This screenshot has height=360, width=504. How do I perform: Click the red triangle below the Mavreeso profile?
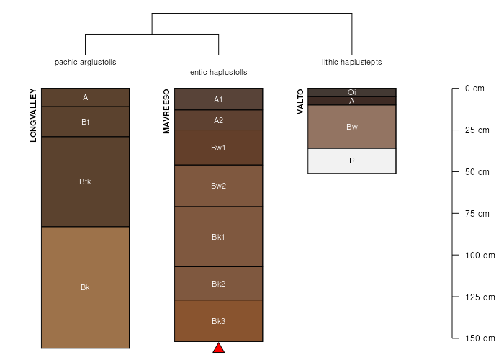coord(219,348)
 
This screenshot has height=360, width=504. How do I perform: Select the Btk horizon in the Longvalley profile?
coord(85,181)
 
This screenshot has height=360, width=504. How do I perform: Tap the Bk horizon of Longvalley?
coord(85,287)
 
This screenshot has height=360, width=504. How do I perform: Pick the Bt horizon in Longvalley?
coord(85,122)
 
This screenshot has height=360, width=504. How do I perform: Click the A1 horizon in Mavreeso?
coord(219,99)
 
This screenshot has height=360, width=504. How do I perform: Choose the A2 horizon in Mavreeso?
coord(219,120)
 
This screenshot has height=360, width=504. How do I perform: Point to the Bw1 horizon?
coord(219,148)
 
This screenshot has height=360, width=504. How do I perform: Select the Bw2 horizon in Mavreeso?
coord(219,186)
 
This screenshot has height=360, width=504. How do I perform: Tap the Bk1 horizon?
coord(219,237)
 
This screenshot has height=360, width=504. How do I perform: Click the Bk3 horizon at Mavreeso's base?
coord(219,321)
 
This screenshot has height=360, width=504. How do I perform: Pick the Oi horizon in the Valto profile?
coord(352,92)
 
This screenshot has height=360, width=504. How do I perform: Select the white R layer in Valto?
coord(352,161)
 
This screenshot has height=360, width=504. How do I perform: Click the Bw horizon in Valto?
coord(352,127)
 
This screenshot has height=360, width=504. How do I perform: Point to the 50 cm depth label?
coord(477,172)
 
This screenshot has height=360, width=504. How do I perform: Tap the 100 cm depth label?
coord(480,256)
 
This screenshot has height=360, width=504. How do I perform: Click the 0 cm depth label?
coord(474,89)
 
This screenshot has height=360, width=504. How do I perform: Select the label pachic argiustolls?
coord(85,63)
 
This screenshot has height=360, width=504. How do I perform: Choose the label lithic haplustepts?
coord(352,63)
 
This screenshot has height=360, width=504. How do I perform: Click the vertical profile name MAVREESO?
coord(166,111)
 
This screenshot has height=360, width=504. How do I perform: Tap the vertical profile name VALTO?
coord(300,102)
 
